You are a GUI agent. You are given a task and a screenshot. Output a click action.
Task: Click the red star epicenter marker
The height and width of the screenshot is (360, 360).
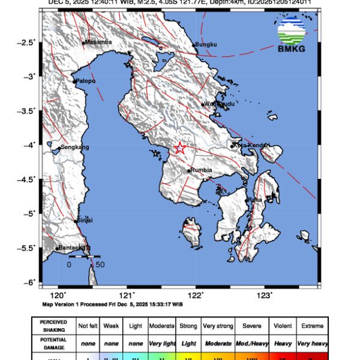[x=179, y=148]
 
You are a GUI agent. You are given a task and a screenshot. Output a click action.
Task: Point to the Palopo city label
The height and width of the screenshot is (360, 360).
[x=85, y=80]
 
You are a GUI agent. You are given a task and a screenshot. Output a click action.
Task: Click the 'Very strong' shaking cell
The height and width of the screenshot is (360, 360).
[x=218, y=326]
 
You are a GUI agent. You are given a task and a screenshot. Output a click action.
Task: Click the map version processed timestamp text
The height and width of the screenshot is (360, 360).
[x=112, y=304]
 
